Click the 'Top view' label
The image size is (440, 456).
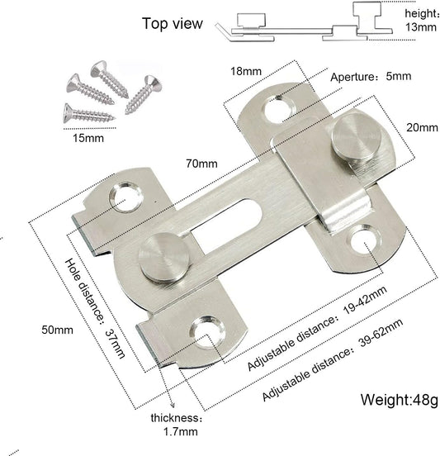[172, 24]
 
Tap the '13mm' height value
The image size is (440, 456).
[420, 27]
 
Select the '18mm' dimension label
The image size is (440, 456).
[246, 71]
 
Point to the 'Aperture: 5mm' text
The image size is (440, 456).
[371, 77]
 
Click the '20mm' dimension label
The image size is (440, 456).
[422, 128]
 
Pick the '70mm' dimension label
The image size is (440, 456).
[201, 164]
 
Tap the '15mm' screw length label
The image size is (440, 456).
[88, 138]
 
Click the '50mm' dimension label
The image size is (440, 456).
[57, 330]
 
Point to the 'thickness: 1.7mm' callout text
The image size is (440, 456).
[176, 425]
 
